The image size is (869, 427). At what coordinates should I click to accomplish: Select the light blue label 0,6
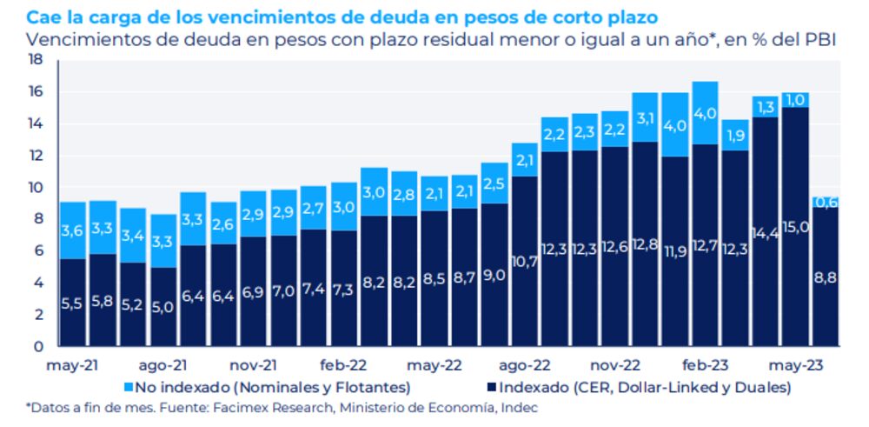point(826,203)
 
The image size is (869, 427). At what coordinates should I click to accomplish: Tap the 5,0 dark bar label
point(163,307)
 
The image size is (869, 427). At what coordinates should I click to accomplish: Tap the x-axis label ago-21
point(162,367)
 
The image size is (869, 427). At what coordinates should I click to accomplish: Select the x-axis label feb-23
point(705,367)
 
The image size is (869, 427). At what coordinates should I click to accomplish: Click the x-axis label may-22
point(433,367)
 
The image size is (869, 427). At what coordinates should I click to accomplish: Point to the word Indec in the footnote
point(518,407)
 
